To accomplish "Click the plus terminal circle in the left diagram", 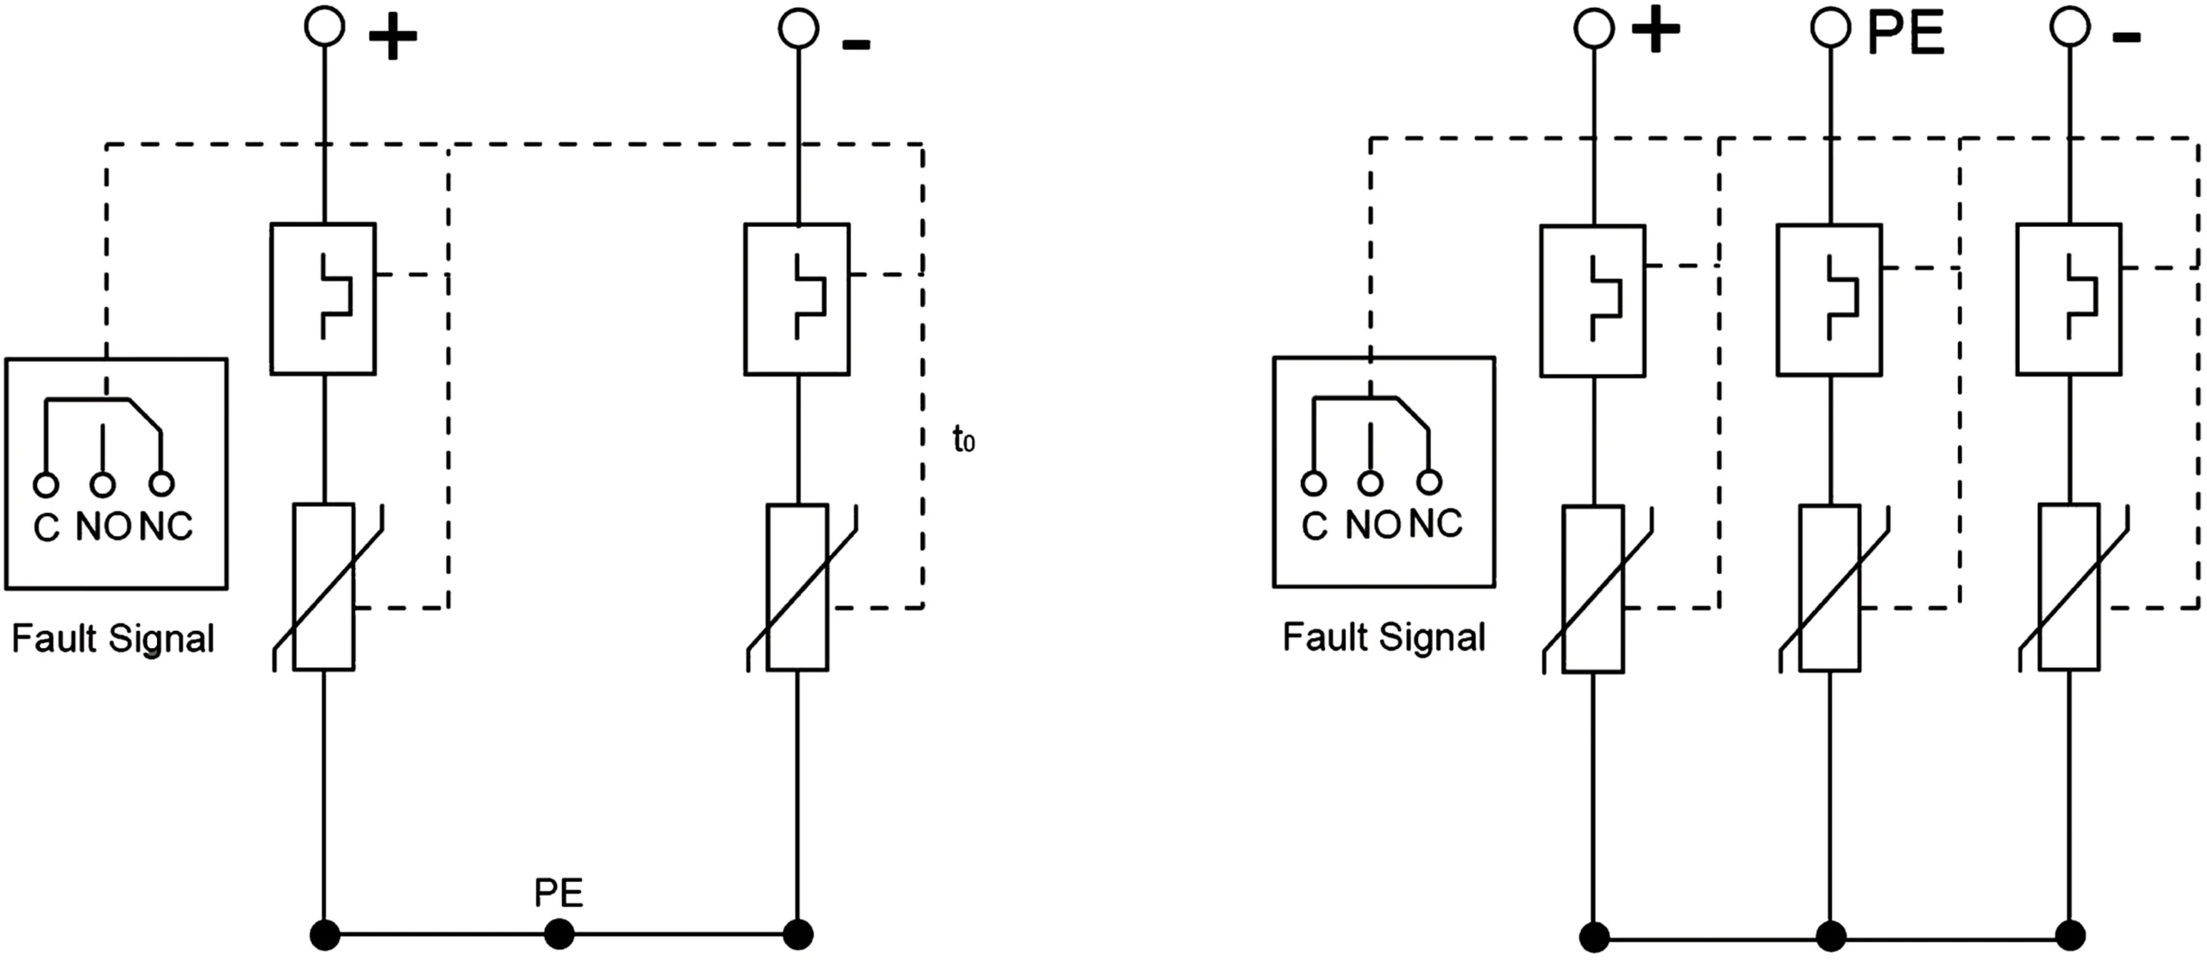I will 324,27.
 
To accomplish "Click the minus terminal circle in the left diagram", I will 797,28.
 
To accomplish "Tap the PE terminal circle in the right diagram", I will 1829,28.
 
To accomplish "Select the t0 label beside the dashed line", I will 963,440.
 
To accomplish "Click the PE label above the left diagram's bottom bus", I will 559,893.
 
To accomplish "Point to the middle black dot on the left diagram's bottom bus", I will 560,934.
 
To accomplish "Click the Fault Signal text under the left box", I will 113,640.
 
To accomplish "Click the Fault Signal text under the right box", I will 1384,638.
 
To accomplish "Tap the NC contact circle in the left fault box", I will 161,484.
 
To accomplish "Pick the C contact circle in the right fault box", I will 1313,483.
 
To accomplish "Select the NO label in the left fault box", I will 103,526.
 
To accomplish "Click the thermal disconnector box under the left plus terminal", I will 323,298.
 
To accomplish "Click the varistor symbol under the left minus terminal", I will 797,587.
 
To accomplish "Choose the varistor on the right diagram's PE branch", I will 1829,588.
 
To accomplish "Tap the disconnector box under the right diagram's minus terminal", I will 2068,299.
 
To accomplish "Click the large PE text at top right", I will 1906,34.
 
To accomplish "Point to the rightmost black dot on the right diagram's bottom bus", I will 2070,935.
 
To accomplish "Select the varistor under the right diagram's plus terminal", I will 1593,589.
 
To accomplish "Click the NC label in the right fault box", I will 1435,524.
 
